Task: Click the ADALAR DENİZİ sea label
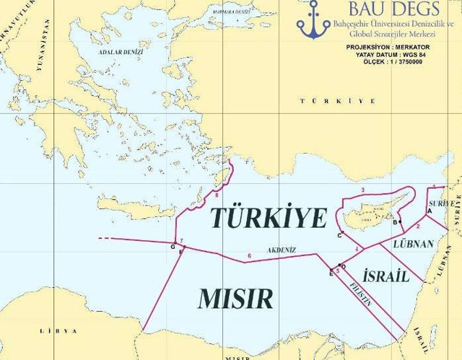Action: click(121, 53)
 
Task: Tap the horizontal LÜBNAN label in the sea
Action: click(413, 245)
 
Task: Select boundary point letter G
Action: click(173, 247)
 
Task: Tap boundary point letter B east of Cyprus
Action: click(395, 222)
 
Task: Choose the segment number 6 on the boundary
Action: click(250, 255)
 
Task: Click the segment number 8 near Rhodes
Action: click(217, 195)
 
